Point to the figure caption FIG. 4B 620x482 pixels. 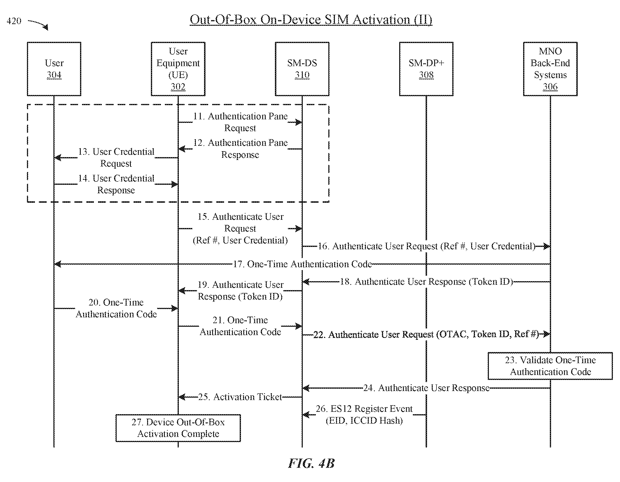tap(311, 463)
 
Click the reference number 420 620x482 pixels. tap(14, 21)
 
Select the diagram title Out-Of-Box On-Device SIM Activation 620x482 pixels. tap(311, 19)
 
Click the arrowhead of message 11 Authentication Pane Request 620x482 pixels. tap(298, 122)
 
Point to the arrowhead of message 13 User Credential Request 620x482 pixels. tap(58, 157)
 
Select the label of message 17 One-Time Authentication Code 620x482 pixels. tap(302, 264)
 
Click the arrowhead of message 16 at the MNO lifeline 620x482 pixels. tap(547, 246)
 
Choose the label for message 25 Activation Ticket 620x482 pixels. tap(240, 397)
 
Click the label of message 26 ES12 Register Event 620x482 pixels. tap(364, 414)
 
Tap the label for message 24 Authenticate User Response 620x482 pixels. tap(426, 388)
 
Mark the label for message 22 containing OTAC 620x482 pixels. tap(426, 334)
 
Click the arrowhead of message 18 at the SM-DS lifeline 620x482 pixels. tap(306, 282)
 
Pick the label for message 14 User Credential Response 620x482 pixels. tap(116, 184)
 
